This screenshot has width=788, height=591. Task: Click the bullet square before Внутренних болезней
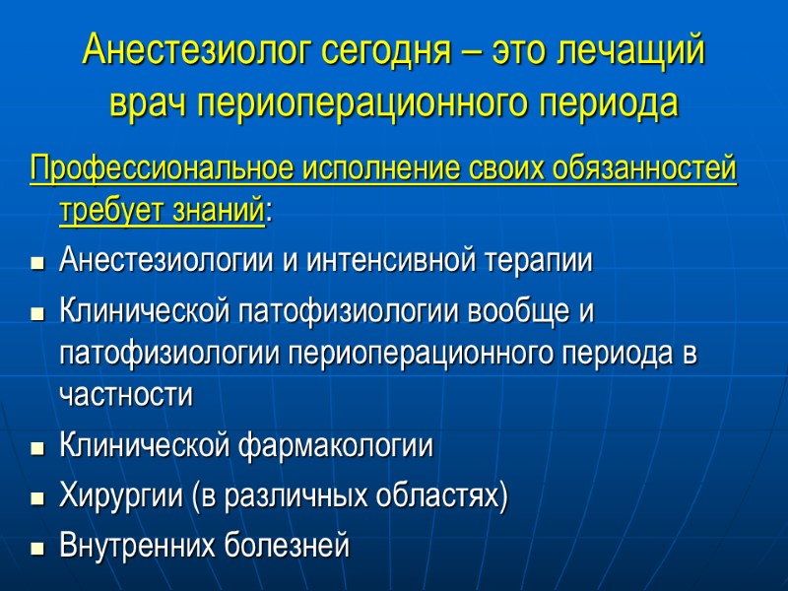(37, 547)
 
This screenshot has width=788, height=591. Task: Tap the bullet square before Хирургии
(37, 497)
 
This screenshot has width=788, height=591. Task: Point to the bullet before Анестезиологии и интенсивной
(37, 263)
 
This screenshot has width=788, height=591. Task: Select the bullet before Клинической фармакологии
(37, 448)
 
